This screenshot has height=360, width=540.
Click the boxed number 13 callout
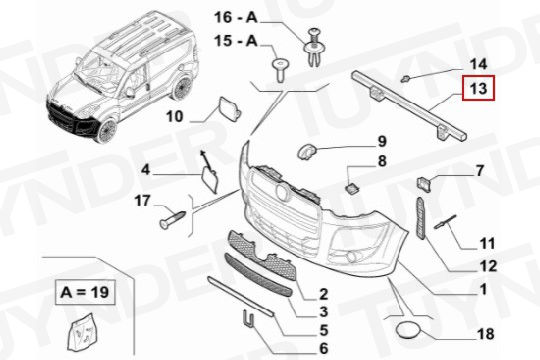click(x=478, y=89)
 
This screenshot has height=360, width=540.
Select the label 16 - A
click(x=236, y=17)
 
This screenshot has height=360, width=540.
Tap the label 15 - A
click(x=236, y=41)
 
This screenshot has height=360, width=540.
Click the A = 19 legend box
click(x=85, y=292)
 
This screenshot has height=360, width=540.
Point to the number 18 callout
click(x=486, y=334)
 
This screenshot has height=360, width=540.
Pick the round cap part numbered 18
click(x=409, y=330)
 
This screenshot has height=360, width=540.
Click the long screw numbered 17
click(x=173, y=219)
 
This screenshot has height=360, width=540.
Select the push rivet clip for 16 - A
click(x=314, y=47)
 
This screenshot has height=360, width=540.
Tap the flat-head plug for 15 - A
click(x=280, y=70)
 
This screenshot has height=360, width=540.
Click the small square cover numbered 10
click(x=229, y=109)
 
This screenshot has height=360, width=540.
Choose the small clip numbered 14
click(x=405, y=79)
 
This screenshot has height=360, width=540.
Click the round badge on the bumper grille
click(x=283, y=192)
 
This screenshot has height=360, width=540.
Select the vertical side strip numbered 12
click(x=421, y=218)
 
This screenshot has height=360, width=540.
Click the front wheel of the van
click(x=106, y=131)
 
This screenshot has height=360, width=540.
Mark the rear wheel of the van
click(x=182, y=88)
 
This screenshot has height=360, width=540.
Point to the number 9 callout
click(x=382, y=141)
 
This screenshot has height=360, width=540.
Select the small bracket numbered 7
click(x=424, y=184)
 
